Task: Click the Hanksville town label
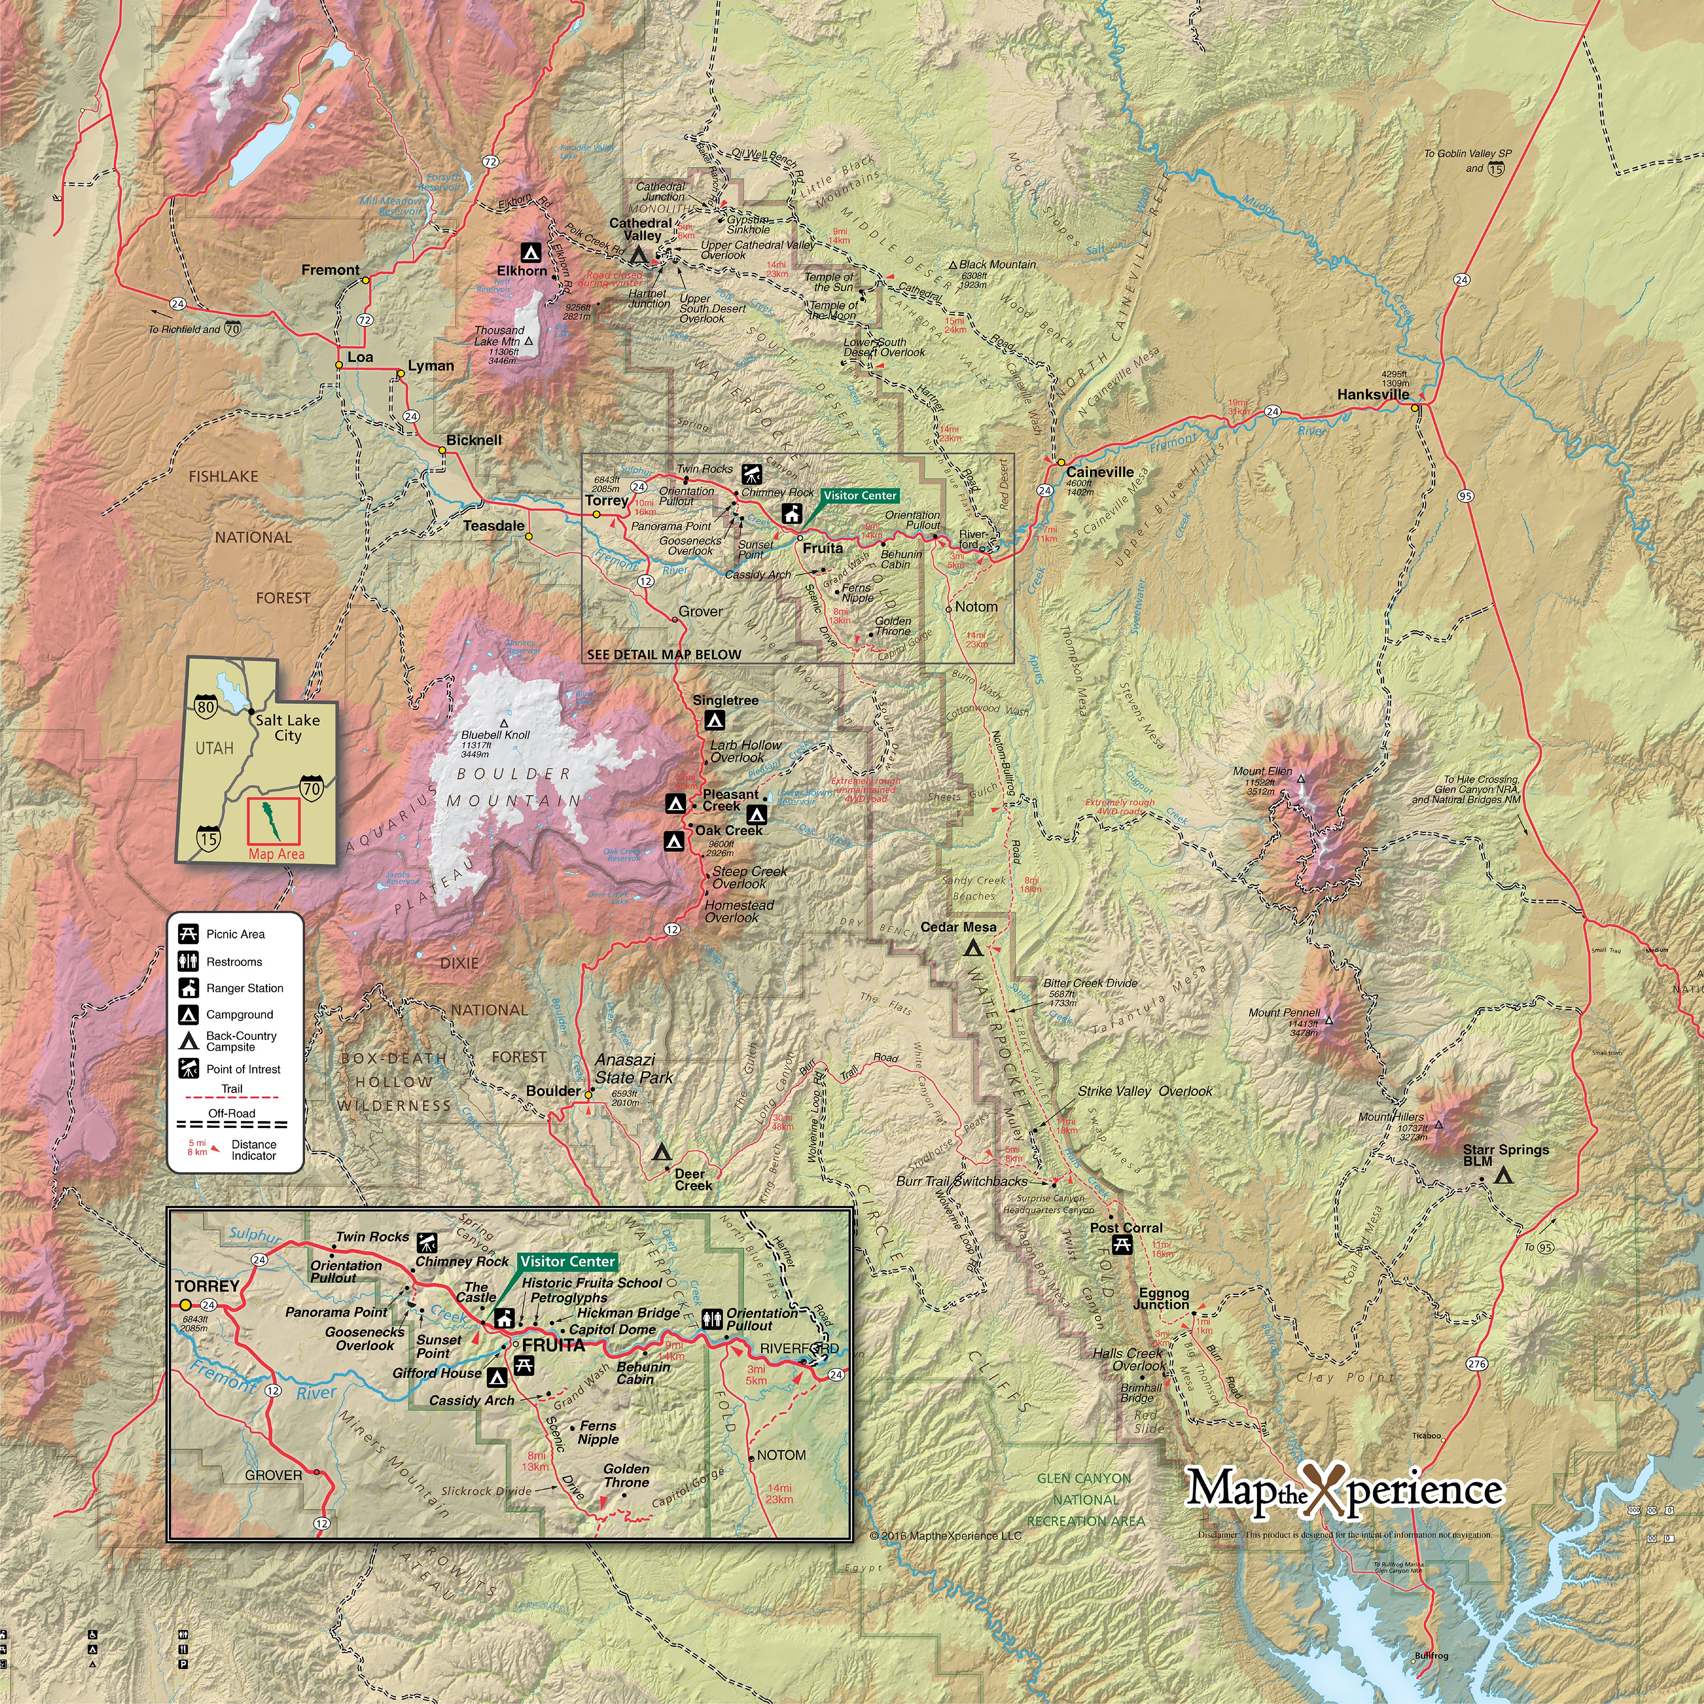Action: point(1372,394)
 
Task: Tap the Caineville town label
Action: point(1100,472)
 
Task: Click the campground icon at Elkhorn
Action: point(530,250)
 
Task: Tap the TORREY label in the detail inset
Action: point(207,1286)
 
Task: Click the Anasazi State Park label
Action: point(633,1068)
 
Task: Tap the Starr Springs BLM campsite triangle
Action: point(1503,1176)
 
